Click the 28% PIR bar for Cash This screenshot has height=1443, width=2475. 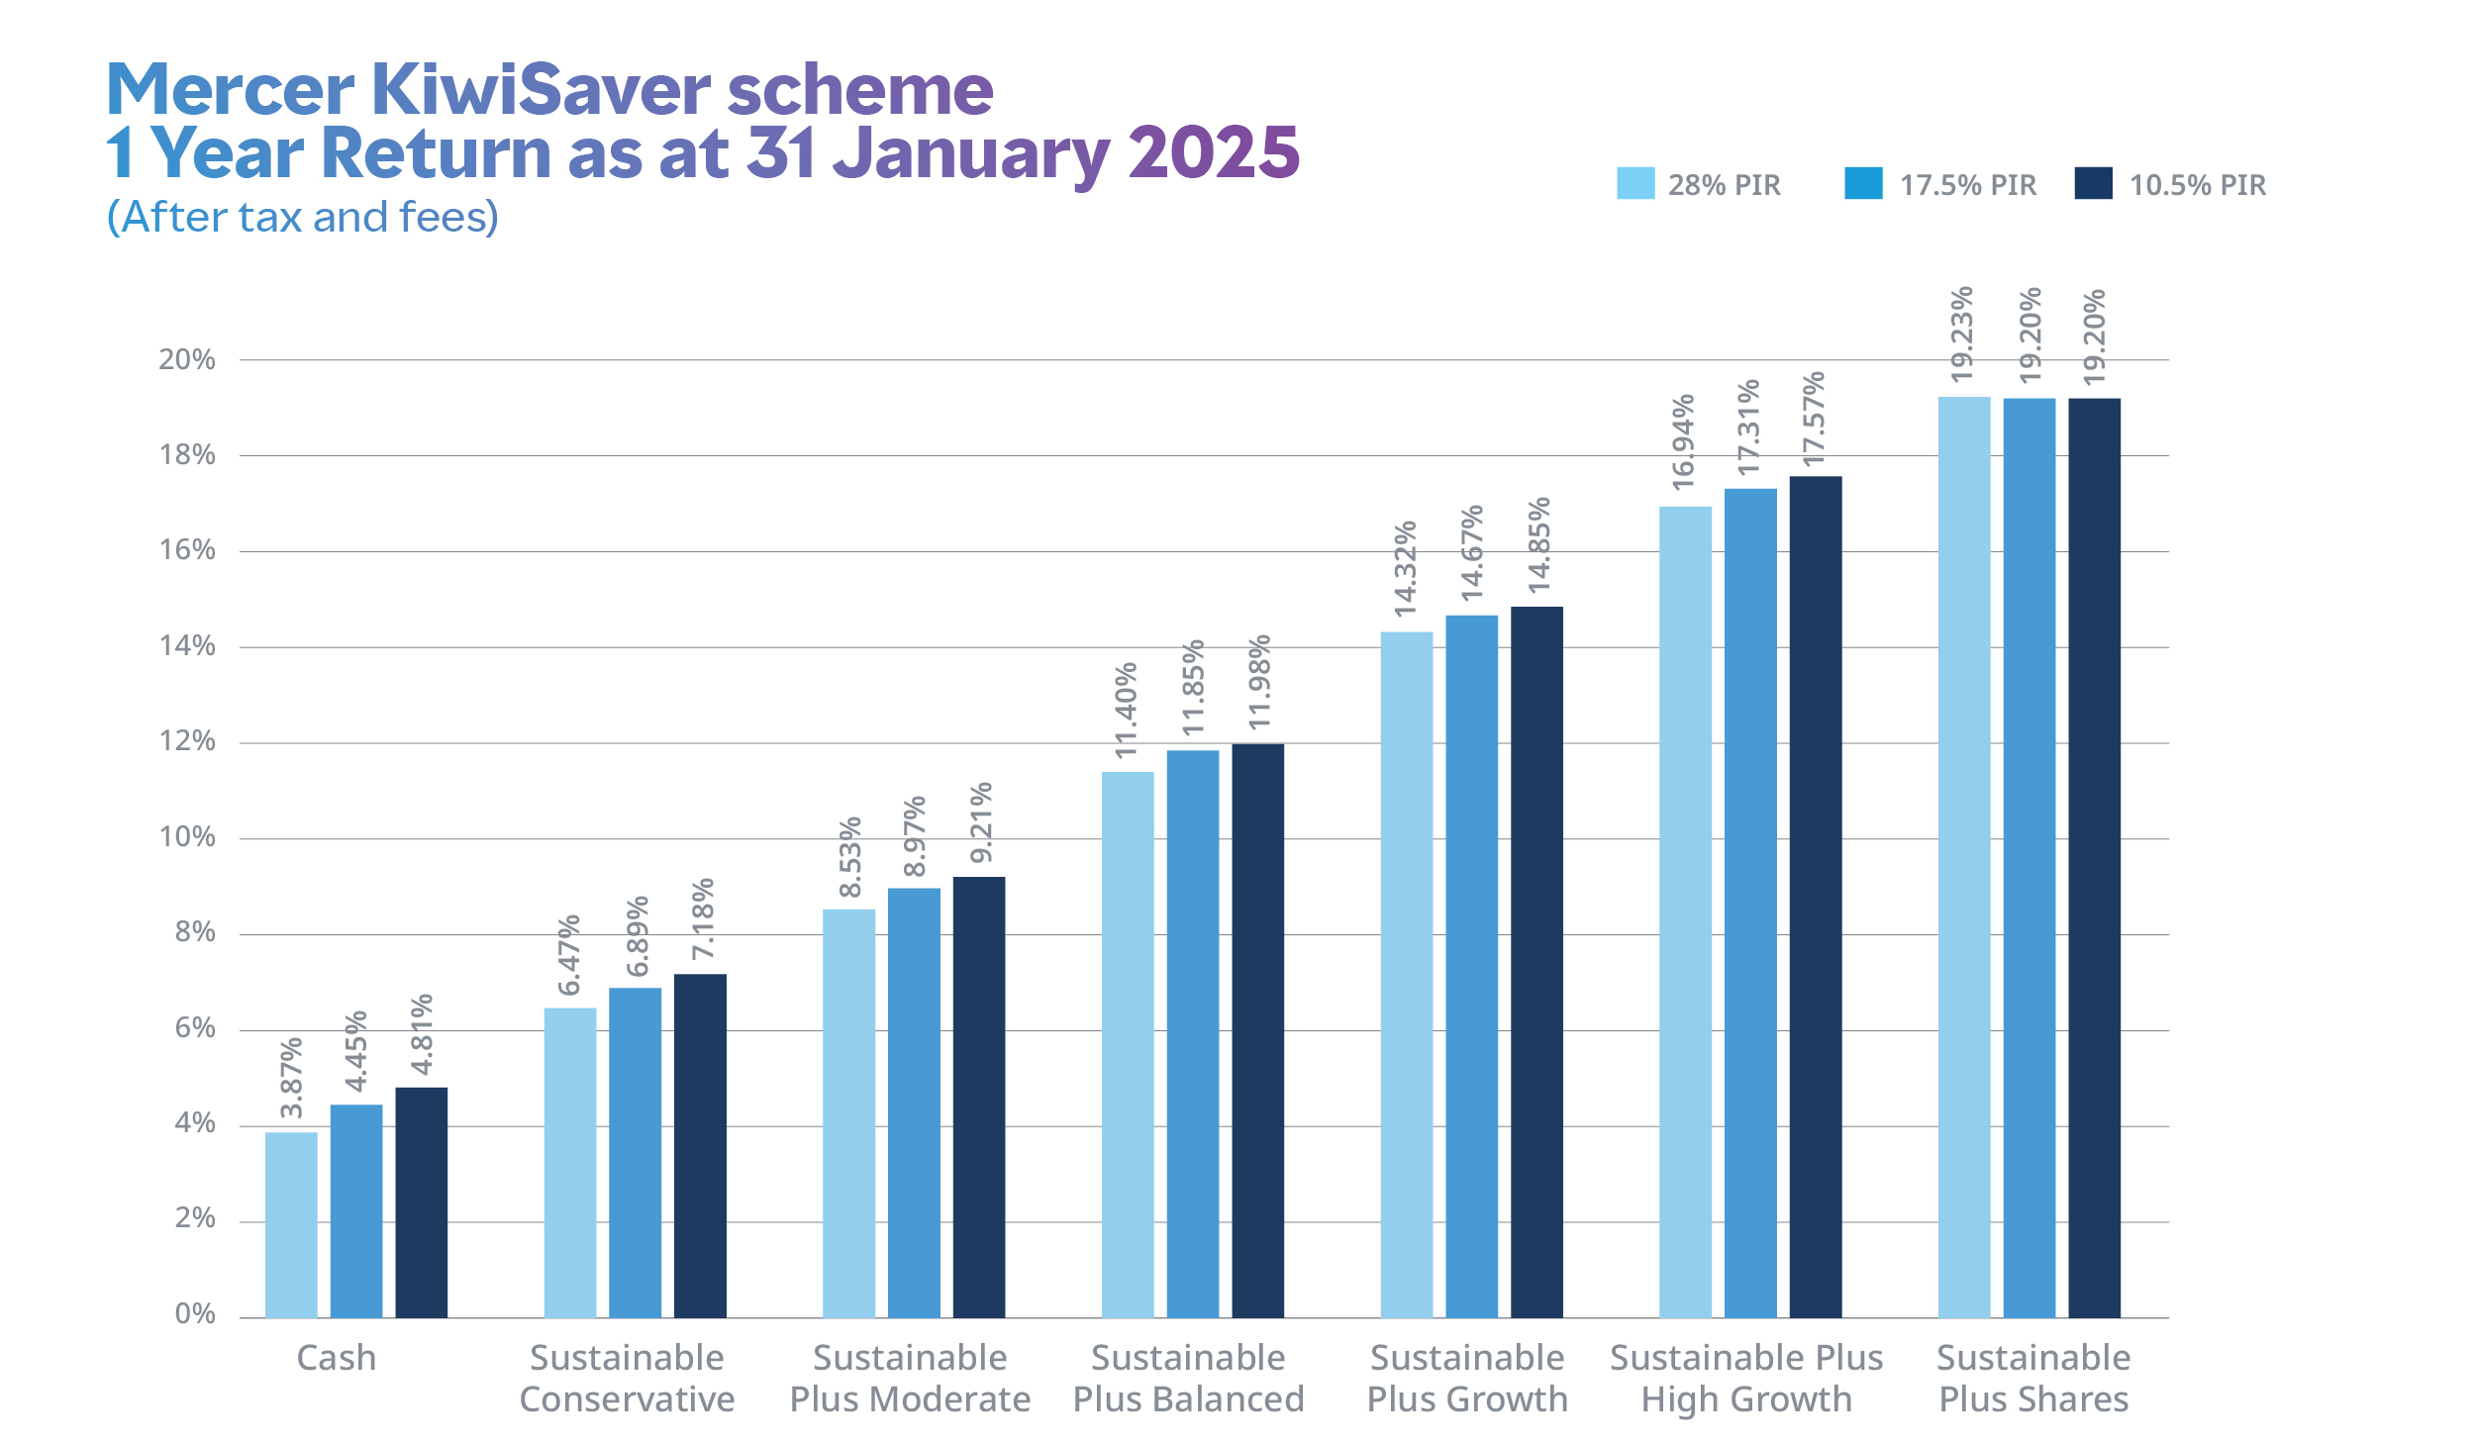coord(291,1224)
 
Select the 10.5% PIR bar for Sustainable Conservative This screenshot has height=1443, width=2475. coord(700,1145)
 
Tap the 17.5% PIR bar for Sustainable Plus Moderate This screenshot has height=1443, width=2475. coord(914,1103)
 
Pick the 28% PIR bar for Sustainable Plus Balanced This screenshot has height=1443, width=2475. coord(1128,1044)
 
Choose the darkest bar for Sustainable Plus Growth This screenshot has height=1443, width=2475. coord(1536,962)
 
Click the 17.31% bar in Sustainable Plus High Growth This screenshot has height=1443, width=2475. coord(1750,903)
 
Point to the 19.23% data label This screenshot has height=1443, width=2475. coord(1962,334)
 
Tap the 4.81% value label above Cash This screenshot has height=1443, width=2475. coord(422,1034)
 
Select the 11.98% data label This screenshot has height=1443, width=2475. coord(1258,683)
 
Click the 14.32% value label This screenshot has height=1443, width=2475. coord(1405,569)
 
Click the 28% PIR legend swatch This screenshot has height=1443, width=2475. coord(1635,184)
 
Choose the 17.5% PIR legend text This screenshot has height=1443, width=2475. coord(1968,185)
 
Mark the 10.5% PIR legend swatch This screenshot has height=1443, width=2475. coord(2093,184)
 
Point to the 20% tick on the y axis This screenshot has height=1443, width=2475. coord(187,360)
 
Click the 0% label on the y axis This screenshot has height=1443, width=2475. coord(195,1314)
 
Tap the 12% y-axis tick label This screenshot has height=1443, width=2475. coord(187,741)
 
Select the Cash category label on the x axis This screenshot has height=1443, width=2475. coord(337,1358)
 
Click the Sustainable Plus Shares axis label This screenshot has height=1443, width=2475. coord(2033,1379)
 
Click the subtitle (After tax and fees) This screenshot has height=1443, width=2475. coord(303,217)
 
